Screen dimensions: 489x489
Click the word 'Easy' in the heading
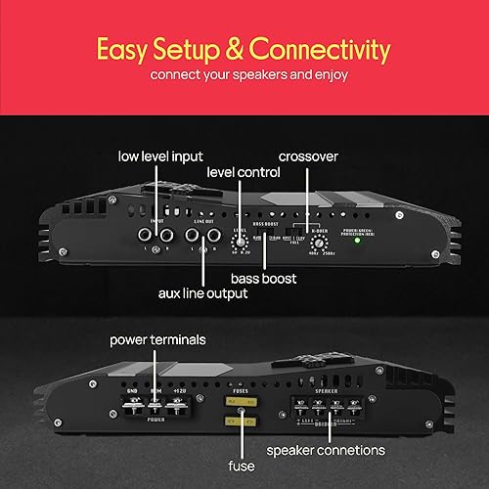click(125, 49)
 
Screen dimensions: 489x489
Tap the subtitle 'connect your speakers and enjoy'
click(244, 74)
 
